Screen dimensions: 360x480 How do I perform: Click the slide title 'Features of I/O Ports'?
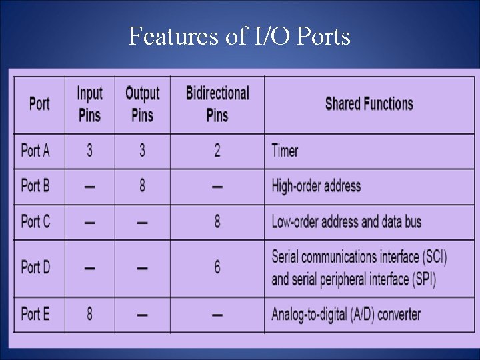[x=239, y=36]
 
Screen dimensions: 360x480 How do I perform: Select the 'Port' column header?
[x=39, y=104]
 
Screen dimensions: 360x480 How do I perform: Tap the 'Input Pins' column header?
[x=89, y=104]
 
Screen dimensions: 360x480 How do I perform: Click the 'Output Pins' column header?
[x=142, y=104]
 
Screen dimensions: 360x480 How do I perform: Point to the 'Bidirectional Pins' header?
[x=217, y=104]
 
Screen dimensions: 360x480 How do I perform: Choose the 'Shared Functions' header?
[x=369, y=104]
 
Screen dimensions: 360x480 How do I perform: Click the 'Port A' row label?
[x=35, y=151]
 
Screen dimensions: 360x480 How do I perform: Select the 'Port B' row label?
[x=35, y=186]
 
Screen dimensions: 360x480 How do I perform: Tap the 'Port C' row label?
[x=35, y=221]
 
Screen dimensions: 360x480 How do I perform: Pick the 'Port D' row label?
[x=35, y=267]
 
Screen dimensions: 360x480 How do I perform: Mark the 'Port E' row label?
[x=35, y=313]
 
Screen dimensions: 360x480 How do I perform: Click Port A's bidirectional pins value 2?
[x=217, y=151]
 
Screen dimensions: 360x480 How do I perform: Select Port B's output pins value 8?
[x=142, y=186]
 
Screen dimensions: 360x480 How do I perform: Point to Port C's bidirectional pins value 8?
[x=217, y=221]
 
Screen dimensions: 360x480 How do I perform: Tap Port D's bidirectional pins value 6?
[x=217, y=267]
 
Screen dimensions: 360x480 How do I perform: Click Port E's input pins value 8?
[x=89, y=313]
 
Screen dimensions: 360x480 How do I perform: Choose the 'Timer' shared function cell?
[x=285, y=151]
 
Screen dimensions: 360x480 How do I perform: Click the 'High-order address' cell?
[x=316, y=186]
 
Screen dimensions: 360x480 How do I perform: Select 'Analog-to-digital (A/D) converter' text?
[x=346, y=313]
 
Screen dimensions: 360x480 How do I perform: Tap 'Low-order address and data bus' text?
[x=346, y=221]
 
